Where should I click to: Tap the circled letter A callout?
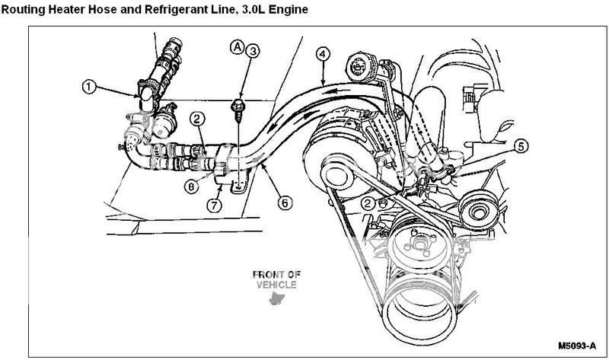click(238, 47)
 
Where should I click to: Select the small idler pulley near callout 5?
click(480, 210)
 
